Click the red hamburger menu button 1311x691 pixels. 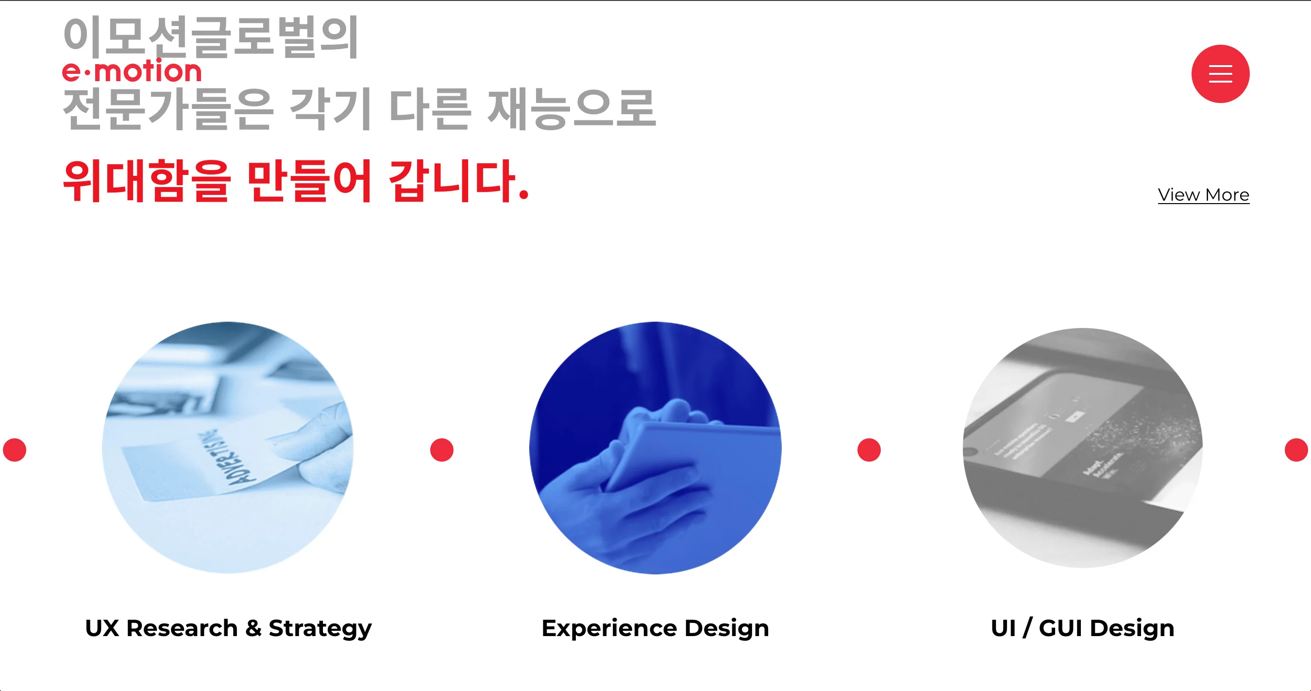point(1220,74)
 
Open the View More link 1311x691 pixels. point(1203,195)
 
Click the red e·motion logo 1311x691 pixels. point(132,71)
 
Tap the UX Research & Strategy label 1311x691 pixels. point(228,628)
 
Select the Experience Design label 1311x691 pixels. point(655,628)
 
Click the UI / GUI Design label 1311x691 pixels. point(1082,628)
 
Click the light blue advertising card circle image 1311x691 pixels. point(228,447)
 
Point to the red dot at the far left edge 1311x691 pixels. point(14,449)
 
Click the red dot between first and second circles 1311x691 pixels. point(442,449)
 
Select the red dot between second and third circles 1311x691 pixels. point(869,449)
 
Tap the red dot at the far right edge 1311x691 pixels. point(1296,449)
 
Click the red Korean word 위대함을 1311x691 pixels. point(147,181)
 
